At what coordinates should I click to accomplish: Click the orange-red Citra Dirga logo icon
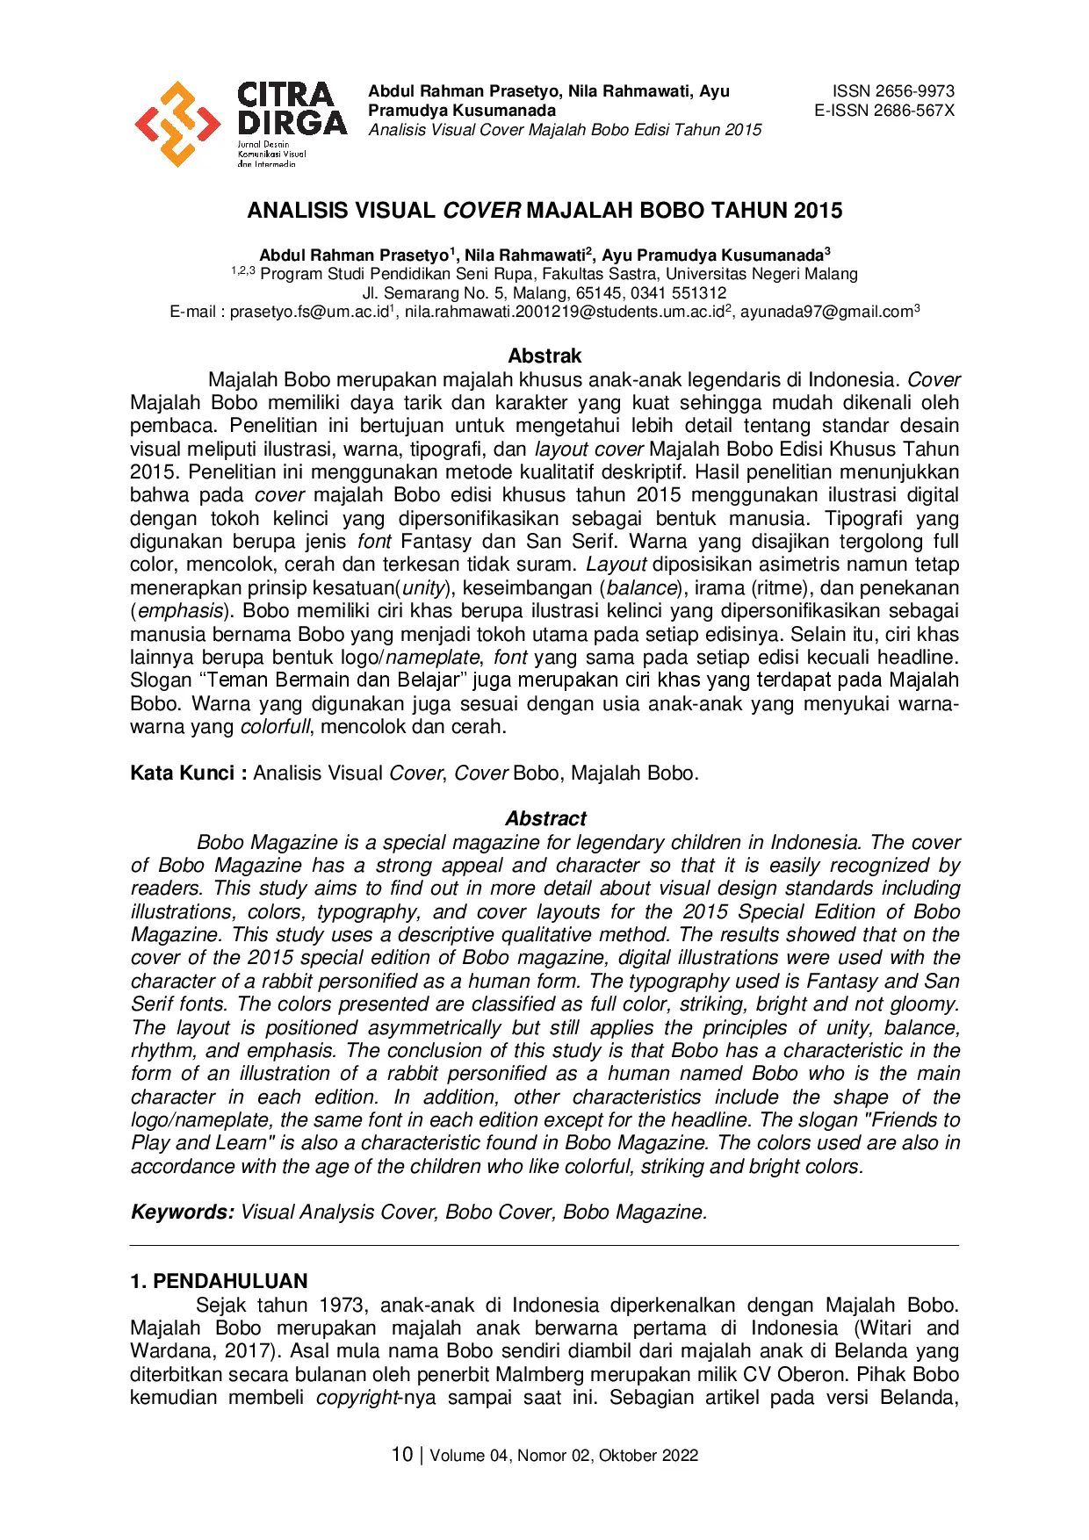[x=177, y=124]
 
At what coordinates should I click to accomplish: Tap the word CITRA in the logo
[x=286, y=95]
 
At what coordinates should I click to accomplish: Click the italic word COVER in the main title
[x=481, y=211]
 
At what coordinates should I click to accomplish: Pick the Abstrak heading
[x=544, y=356]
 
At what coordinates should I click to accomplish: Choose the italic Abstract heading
[x=544, y=818]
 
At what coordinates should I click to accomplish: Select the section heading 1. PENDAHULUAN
[x=219, y=1281]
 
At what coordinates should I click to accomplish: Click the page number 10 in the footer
[x=401, y=1455]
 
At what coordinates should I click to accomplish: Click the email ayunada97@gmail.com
[x=826, y=313]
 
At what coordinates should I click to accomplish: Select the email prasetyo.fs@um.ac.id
[x=308, y=313]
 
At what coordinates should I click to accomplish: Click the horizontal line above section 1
[x=544, y=1245]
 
